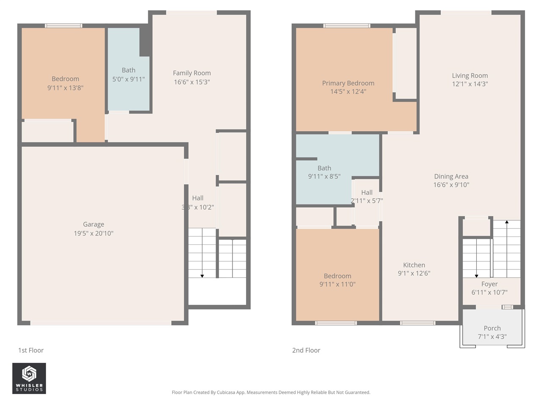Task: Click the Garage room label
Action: pos(93,224)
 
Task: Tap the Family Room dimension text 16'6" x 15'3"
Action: pos(192,82)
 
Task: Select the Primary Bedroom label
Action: pos(348,83)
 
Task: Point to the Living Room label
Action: pos(470,76)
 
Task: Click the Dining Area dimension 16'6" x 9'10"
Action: pos(451,185)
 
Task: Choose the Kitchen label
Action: pos(414,265)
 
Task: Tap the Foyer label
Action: pos(489,284)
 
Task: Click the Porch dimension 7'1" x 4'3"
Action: pos(492,337)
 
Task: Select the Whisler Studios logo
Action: pos(29,379)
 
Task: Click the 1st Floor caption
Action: pos(31,350)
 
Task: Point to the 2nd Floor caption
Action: pos(306,350)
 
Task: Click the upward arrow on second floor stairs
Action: pos(506,222)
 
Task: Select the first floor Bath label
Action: pos(128,70)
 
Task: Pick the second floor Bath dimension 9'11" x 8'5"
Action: pos(324,176)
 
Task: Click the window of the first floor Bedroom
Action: pos(64,26)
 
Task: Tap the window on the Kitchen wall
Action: pos(418,323)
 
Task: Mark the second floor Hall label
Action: pos(367,192)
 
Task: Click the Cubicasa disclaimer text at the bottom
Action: pos(271,392)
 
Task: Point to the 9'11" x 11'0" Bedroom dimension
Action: pos(337,284)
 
